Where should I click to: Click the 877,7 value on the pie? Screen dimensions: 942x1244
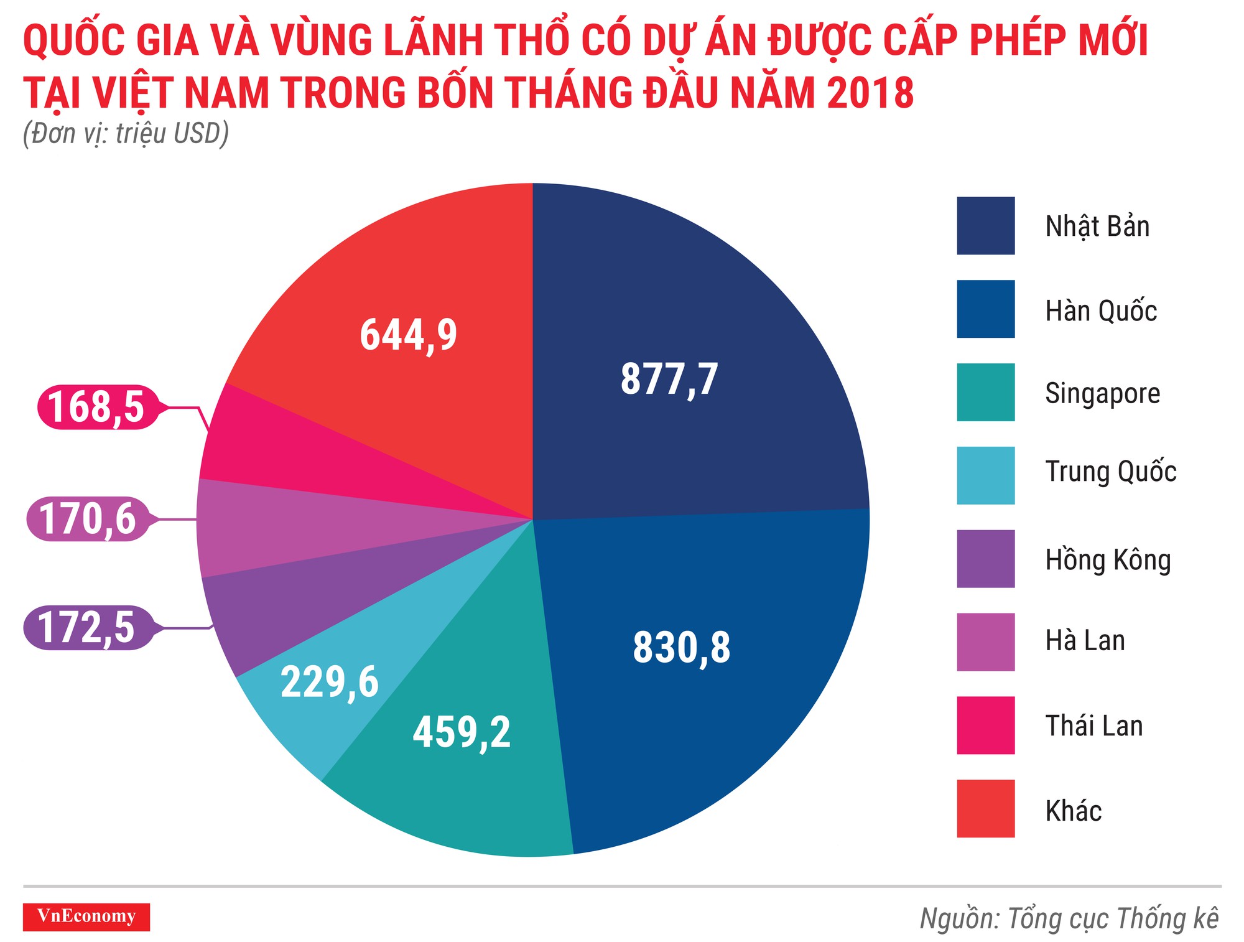pos(669,379)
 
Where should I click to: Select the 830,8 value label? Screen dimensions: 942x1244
pos(682,647)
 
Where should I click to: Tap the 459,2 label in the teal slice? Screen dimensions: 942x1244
pos(462,732)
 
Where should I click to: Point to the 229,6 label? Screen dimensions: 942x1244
pos(329,682)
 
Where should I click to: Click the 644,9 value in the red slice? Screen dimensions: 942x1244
pos(408,335)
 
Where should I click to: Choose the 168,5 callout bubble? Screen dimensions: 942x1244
pos(96,407)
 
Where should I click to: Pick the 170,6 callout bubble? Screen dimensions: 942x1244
pos(88,519)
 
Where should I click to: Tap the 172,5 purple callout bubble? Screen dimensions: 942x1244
pos(86,627)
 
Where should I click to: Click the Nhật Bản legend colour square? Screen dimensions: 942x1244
pos(985,226)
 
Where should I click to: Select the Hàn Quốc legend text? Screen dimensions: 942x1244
pos(1100,310)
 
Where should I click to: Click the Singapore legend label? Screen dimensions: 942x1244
pos(1102,393)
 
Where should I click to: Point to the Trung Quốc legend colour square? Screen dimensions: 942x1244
pos(985,475)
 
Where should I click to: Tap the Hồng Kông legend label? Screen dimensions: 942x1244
pos(1108,559)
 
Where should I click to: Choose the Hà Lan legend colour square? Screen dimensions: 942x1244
pos(985,642)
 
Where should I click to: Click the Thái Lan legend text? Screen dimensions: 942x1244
pos(1093,725)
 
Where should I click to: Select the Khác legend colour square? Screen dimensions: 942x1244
pos(985,808)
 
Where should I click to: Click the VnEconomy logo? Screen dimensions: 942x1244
pos(86,916)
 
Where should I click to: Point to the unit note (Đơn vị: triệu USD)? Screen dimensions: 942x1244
pos(126,134)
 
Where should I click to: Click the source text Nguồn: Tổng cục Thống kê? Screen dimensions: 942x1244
pos(1069,919)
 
